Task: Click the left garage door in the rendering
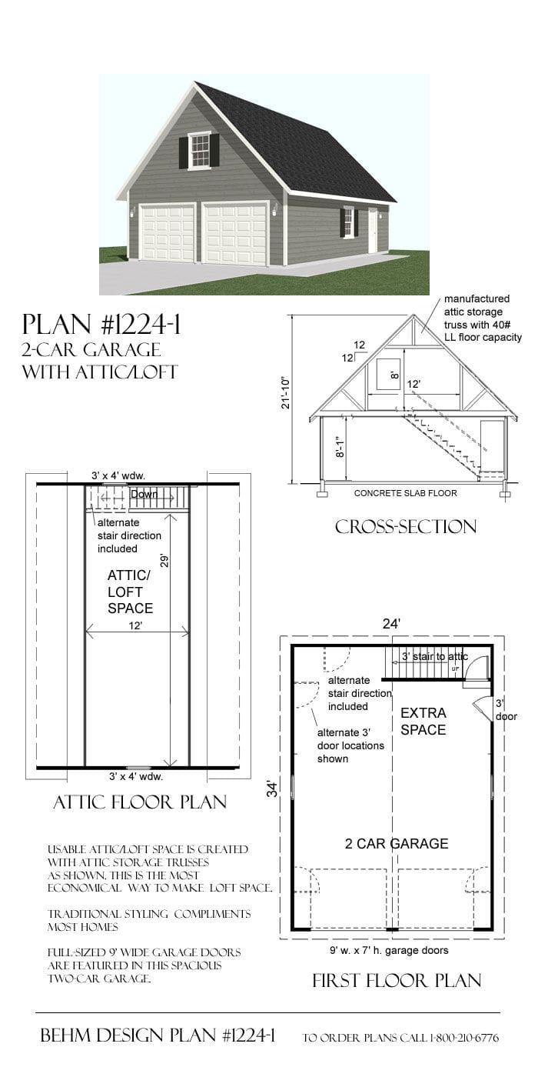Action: coord(167,233)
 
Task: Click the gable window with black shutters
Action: coord(199,150)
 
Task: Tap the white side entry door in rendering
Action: coord(373,230)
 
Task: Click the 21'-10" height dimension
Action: coord(286,392)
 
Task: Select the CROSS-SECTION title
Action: coord(405,526)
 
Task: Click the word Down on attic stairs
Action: coord(144,494)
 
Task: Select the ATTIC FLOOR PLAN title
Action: coord(139,802)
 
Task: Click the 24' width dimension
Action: coord(391,625)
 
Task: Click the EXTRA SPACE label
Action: coord(423,721)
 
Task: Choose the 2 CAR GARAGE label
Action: coord(396,843)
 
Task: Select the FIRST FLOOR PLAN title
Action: coord(397,980)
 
